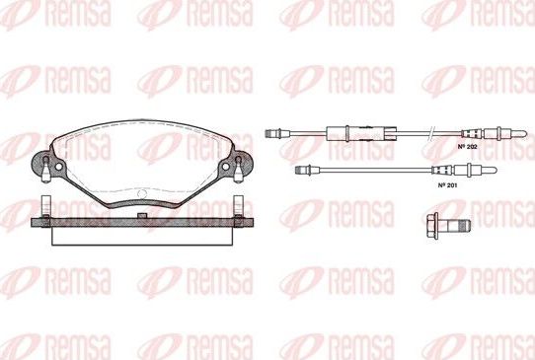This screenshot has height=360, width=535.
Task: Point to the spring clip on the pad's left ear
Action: coord(46,175)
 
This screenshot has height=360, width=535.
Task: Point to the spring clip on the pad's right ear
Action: coord(239,175)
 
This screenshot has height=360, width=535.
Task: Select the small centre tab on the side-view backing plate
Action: coord(144,215)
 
